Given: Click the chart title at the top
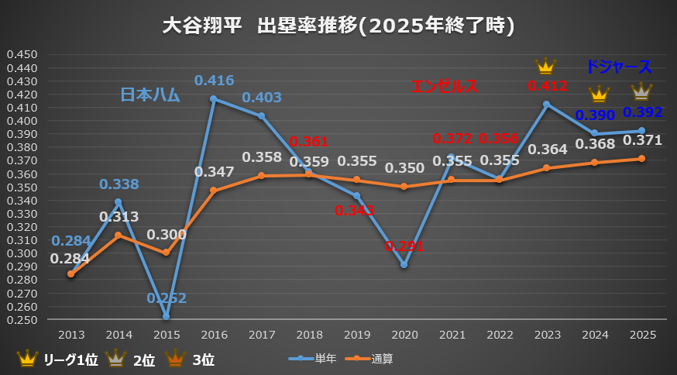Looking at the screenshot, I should [338, 26].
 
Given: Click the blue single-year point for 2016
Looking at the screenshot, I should [214, 99].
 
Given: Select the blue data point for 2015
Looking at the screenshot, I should [166, 316].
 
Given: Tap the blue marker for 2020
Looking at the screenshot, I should [404, 265].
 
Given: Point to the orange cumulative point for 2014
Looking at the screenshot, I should [119, 236].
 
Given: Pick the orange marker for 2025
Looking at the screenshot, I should [641, 158].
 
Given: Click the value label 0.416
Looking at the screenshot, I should [214, 81].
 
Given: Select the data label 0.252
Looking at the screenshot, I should [166, 298].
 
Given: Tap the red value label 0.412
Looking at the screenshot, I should [547, 86].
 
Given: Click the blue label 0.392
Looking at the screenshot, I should [641, 112].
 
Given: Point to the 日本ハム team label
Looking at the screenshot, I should [149, 95].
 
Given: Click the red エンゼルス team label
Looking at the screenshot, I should [445, 87].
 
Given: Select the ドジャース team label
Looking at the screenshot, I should [618, 67].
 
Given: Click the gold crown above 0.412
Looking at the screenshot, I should [546, 67].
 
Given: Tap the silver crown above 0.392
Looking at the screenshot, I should [641, 92].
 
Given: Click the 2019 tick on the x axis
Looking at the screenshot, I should [356, 334].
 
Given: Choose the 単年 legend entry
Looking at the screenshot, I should [315, 359].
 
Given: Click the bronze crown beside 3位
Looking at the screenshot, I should [175, 358].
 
